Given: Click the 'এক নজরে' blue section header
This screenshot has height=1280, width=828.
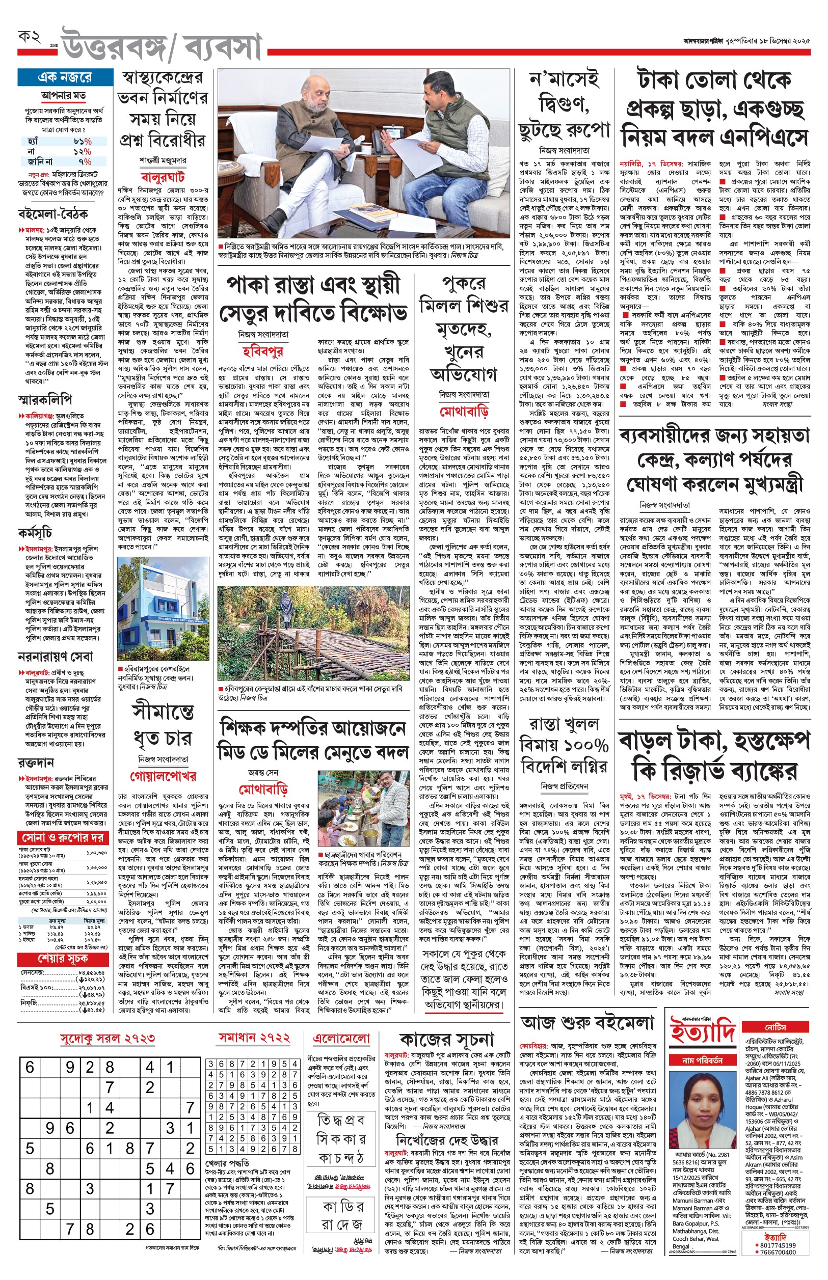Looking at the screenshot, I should (65, 77).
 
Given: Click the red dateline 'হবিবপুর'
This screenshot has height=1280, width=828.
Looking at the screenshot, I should (262, 351).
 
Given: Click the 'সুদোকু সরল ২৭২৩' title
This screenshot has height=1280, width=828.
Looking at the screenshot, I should (108, 1038).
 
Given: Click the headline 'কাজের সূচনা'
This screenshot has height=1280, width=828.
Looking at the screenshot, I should (446, 1040).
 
